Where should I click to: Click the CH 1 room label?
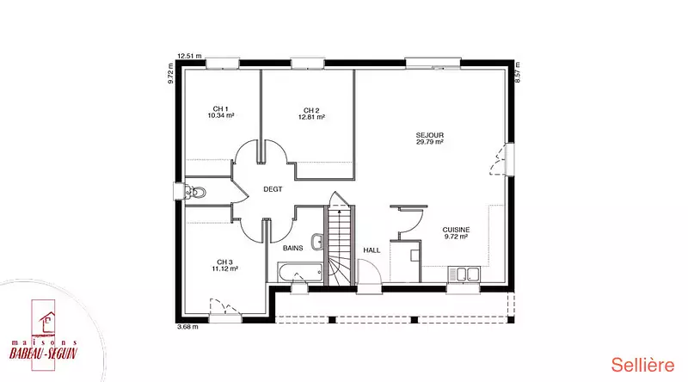coord(221,109)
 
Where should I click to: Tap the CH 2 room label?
coord(311,111)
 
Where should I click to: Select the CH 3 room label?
coord(224,262)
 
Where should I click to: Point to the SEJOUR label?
coord(429,135)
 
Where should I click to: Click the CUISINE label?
coord(456,230)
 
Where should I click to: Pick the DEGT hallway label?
coord(273,189)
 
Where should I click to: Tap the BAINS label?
coord(292,248)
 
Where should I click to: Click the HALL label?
coord(372,250)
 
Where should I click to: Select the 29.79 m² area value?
coord(429,142)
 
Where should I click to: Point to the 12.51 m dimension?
coord(189,56)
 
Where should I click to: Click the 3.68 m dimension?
coord(187,327)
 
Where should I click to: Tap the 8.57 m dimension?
coord(518,72)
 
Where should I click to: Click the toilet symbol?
coord(195,193)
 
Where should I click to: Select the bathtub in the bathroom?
coord(300,272)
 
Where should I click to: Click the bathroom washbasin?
coord(317,241)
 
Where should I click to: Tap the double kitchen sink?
coord(464,274)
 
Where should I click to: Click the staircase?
coord(339,246)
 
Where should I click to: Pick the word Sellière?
coord(642,366)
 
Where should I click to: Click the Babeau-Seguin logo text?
coord(43,353)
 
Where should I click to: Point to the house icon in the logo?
coord(47,323)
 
